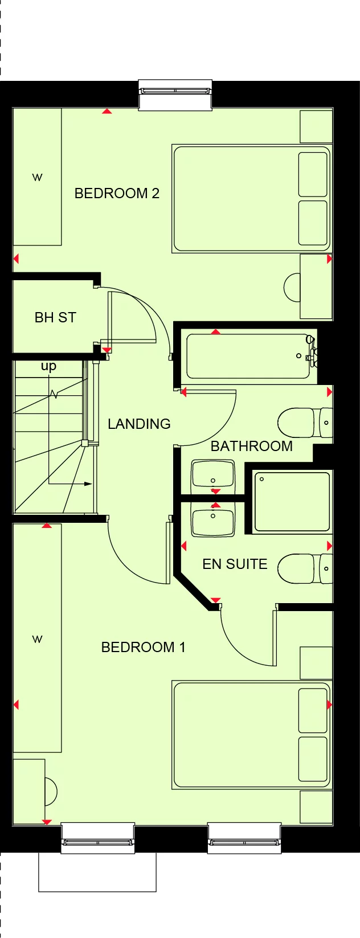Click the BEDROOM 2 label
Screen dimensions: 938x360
pyautogui.click(x=117, y=194)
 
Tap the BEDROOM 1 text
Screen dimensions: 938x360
pyautogui.click(x=143, y=648)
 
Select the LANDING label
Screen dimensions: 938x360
pyautogui.click(x=139, y=424)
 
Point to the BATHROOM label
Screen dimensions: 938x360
pyautogui.click(x=251, y=446)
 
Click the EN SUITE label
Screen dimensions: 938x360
pyautogui.click(x=235, y=564)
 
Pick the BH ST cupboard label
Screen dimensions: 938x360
pyautogui.click(x=55, y=317)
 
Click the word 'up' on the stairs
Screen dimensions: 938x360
pyautogui.click(x=48, y=366)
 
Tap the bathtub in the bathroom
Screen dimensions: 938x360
pyautogui.click(x=248, y=357)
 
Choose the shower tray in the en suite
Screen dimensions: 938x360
pyautogui.click(x=292, y=502)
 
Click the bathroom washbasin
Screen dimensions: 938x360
pyautogui.click(x=213, y=474)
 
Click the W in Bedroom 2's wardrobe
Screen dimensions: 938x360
pyautogui.click(x=37, y=177)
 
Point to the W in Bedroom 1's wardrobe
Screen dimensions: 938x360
pyautogui.click(x=37, y=639)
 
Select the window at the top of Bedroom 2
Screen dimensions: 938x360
pyautogui.click(x=175, y=91)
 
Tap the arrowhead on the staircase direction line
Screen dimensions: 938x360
pyautogui.click(x=88, y=484)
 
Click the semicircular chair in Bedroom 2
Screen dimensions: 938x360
pyautogui.click(x=292, y=288)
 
